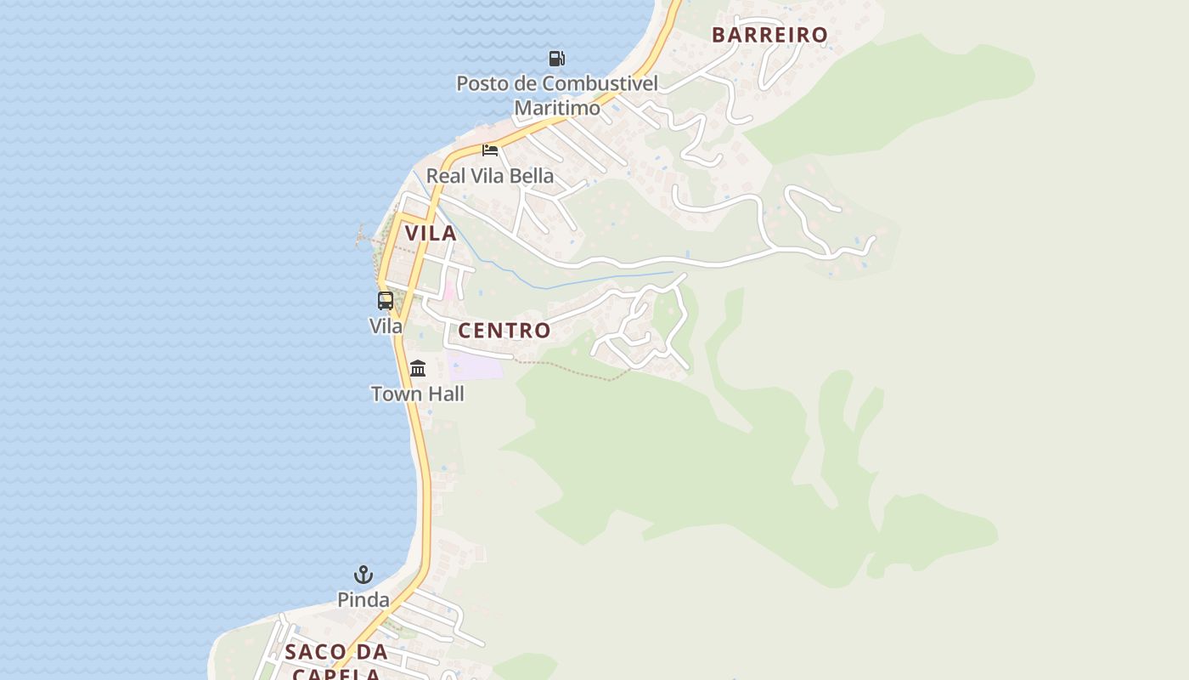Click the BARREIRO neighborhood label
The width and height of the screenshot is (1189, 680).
click(x=769, y=35)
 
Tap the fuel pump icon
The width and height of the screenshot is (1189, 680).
click(x=557, y=59)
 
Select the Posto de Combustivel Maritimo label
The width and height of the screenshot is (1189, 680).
click(x=557, y=95)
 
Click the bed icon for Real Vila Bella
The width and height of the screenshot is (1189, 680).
click(x=490, y=150)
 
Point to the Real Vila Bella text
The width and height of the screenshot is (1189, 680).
click(x=489, y=176)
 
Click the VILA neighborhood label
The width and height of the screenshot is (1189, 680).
click(x=431, y=233)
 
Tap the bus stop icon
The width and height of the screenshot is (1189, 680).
click(x=386, y=300)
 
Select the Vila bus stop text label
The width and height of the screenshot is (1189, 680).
click(x=386, y=326)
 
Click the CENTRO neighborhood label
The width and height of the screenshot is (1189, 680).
click(x=504, y=331)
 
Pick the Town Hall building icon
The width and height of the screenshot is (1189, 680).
click(x=418, y=368)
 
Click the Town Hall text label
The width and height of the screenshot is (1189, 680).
click(x=418, y=394)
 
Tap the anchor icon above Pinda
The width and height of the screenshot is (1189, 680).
click(x=363, y=575)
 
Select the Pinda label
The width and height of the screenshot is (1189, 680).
click(x=363, y=600)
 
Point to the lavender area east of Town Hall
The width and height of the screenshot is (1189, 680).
click(x=476, y=366)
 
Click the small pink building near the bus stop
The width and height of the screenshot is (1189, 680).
click(x=448, y=289)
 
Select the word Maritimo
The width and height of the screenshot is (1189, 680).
click(x=557, y=108)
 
